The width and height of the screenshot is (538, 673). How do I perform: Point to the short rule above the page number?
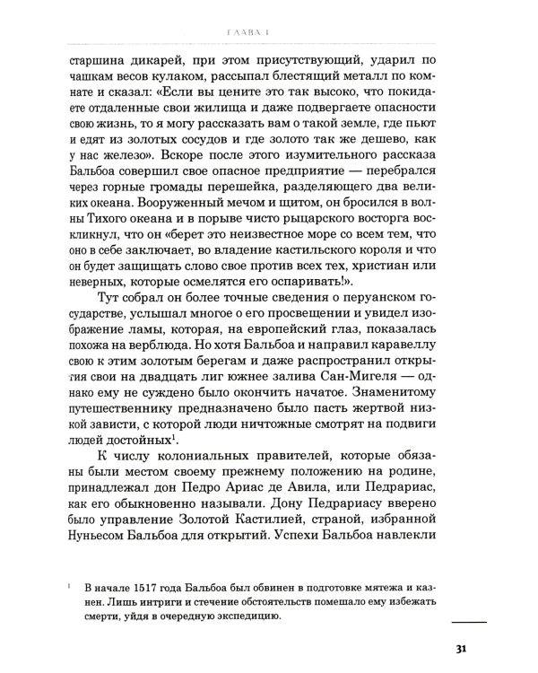point(468,620)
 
